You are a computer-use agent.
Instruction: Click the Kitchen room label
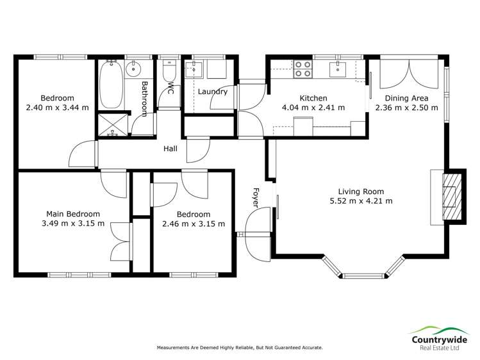coord(314,98)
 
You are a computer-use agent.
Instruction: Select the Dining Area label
coord(406,98)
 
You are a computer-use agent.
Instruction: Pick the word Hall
coord(170,149)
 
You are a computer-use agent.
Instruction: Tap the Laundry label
coord(212,92)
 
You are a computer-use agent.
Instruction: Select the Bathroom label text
coord(145,99)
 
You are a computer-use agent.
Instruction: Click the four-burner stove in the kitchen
coord(302,69)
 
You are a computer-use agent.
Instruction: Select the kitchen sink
coord(337,69)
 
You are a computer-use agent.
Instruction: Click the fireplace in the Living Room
coord(452,195)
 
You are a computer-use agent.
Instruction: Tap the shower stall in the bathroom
coord(112,124)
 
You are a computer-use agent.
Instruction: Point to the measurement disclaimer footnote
coord(240,348)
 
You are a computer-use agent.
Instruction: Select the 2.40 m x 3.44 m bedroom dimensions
coord(57,108)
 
